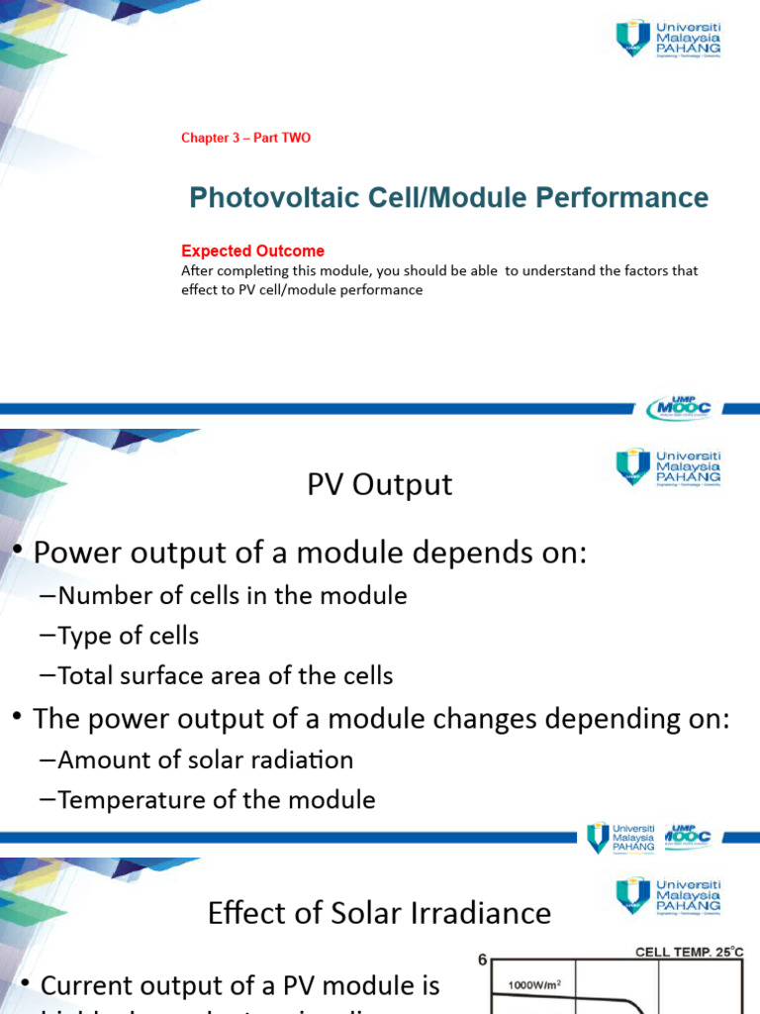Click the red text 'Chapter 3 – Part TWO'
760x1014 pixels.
[x=245, y=138]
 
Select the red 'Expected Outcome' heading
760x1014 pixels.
[x=252, y=252]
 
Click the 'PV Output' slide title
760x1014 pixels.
[x=379, y=484]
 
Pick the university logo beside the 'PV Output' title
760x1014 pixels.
[x=668, y=466]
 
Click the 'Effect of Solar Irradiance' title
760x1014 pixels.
[x=379, y=912]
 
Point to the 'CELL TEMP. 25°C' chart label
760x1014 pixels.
[x=689, y=952]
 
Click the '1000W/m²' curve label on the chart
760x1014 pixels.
[x=534, y=984]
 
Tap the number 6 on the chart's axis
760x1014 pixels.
[x=483, y=959]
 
